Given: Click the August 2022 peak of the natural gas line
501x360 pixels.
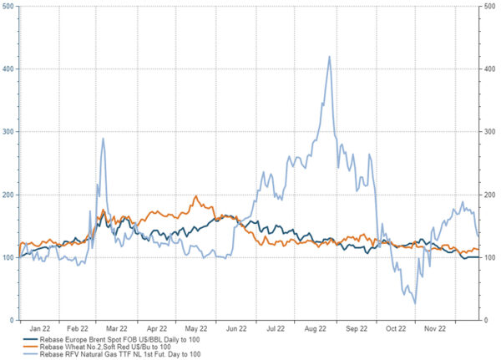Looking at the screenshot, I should [x=330, y=57].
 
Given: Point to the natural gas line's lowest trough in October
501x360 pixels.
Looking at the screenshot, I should [x=414, y=303].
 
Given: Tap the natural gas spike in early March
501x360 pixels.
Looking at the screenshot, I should [x=103, y=139].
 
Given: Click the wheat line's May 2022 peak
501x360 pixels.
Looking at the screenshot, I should [x=195, y=197].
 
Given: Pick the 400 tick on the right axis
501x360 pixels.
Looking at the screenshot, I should [x=487, y=69].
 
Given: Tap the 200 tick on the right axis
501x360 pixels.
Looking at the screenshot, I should [x=487, y=195].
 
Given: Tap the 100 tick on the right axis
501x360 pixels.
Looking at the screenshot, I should [x=487, y=257].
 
